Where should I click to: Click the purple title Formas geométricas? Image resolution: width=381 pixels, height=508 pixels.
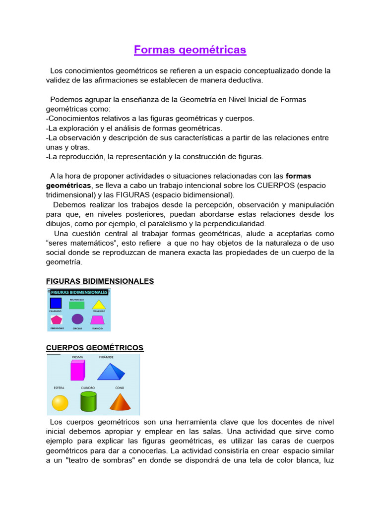pyautogui.click(x=190, y=50)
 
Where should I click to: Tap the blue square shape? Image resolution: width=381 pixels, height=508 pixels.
pyautogui.click(x=56, y=304)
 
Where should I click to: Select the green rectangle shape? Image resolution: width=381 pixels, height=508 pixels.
pyautogui.click(x=77, y=305)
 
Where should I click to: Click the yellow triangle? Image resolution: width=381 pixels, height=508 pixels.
pyautogui.click(x=99, y=305)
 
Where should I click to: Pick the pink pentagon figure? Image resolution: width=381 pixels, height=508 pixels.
pyautogui.click(x=56, y=319)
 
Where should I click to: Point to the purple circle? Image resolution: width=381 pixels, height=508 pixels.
pyautogui.click(x=77, y=319)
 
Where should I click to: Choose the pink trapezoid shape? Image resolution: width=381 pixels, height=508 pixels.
pyautogui.click(x=98, y=319)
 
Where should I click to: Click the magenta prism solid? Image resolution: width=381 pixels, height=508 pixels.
pyautogui.click(x=77, y=370)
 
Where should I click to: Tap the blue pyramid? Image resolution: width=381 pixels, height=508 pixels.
pyautogui.click(x=111, y=371)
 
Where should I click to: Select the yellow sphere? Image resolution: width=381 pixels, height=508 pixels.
pyautogui.click(x=60, y=403)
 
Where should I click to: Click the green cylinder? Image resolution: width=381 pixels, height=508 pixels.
pyautogui.click(x=88, y=401)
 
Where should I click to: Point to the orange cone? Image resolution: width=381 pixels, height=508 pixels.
pyautogui.click(x=120, y=402)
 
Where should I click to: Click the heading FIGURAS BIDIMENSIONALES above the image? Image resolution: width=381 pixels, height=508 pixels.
pyautogui.click(x=100, y=281)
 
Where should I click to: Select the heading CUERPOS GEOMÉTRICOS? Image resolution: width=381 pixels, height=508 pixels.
pyautogui.click(x=95, y=348)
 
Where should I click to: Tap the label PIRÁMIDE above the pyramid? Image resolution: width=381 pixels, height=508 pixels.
pyautogui.click(x=106, y=357)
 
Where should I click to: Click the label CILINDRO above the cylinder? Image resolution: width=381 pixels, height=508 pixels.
pyautogui.click(x=88, y=387)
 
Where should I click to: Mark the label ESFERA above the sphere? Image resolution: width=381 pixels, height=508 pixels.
pyautogui.click(x=59, y=387)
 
